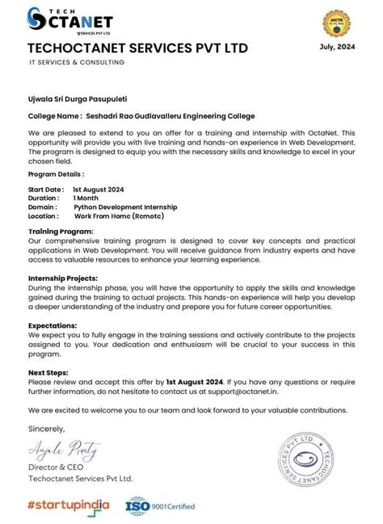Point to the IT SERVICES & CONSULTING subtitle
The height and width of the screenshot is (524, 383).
(x=77, y=62)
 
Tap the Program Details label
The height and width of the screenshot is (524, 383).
(x=56, y=174)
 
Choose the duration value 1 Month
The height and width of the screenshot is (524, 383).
(x=87, y=198)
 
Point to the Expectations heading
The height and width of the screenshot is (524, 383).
(x=53, y=325)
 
